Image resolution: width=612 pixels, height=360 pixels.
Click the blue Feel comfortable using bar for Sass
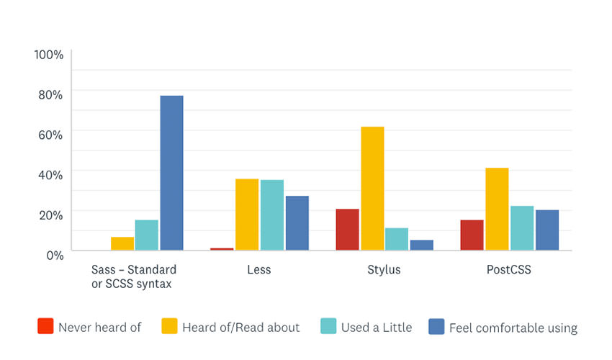(171, 173)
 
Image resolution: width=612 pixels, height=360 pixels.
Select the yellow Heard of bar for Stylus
(372, 189)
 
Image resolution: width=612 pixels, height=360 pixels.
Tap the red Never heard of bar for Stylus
(347, 230)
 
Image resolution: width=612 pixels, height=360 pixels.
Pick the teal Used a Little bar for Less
(271, 215)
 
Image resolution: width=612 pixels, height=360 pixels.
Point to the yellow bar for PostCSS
(497, 209)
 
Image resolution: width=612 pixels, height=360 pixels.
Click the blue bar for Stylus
(422, 245)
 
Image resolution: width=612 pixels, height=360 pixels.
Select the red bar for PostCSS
(472, 235)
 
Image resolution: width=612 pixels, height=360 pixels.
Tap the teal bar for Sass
(146, 235)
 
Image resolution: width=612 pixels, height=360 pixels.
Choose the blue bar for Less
(297, 223)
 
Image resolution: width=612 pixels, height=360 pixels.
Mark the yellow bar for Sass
(122, 243)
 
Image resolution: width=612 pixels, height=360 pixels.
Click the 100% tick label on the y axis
(49, 55)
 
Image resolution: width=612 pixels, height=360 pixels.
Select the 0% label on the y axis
(54, 254)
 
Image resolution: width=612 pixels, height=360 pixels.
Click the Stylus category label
(384, 270)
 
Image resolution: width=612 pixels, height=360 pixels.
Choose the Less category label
(258, 270)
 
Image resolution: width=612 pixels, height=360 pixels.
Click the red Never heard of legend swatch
(45, 327)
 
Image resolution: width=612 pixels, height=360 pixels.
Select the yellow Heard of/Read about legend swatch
(169, 327)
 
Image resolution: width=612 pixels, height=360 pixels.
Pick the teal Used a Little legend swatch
(328, 327)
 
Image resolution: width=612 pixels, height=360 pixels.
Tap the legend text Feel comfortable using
(513, 328)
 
